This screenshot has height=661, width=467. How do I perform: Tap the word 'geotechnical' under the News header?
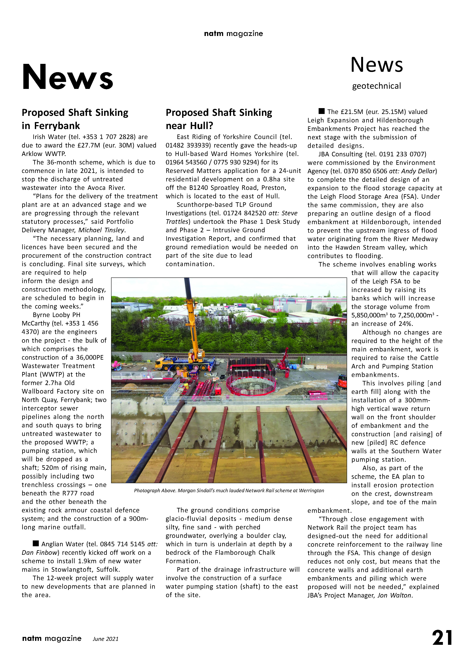(x=376, y=86)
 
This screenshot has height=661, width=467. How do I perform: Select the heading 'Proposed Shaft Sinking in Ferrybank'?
(x=75, y=119)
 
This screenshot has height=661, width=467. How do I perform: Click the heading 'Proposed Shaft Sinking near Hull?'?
(x=219, y=119)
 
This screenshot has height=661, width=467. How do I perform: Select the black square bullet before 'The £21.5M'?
(x=321, y=111)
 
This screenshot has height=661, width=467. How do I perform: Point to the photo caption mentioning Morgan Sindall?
(x=229, y=491)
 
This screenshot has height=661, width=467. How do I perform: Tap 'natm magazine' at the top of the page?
(x=233, y=34)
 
